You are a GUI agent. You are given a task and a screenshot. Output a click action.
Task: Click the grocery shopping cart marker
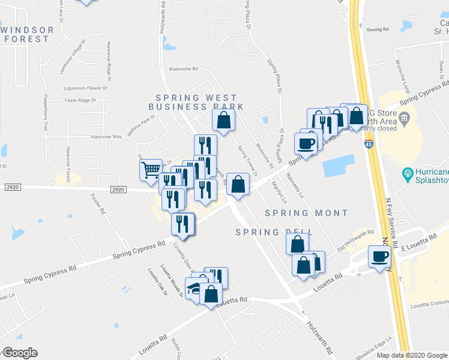point(151,169)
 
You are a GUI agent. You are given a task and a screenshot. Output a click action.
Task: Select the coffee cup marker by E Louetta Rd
point(379,257)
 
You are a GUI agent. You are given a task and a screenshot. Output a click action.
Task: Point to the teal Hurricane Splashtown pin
point(408,174)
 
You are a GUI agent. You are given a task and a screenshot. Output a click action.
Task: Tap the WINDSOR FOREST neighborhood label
point(26,34)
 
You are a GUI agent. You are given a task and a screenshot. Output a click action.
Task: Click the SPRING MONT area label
point(306,213)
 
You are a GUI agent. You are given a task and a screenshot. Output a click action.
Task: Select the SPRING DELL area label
point(266,232)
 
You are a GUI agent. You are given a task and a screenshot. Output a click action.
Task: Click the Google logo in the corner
point(20,353)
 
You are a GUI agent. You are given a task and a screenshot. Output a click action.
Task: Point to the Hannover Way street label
point(106,137)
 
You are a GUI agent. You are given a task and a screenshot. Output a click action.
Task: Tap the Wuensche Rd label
point(183,69)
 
